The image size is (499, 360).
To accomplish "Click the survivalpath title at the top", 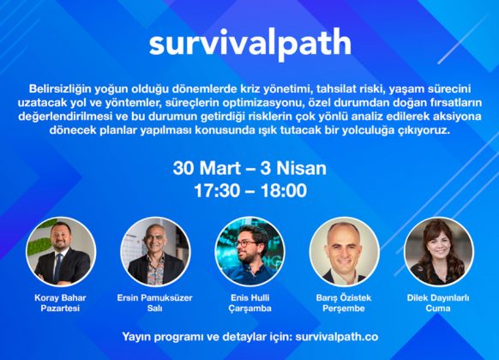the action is point(250,44).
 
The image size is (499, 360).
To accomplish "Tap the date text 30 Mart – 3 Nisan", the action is point(249,168).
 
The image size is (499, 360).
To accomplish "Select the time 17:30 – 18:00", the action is point(250,190).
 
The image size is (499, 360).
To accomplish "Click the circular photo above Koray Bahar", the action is point(61,251).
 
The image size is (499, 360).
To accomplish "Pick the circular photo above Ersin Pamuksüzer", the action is point(155,251).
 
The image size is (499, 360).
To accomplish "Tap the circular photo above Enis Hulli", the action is point(249,251).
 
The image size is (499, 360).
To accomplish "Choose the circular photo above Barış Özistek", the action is point(345,251).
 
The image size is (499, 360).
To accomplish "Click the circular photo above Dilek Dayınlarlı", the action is point(439,251).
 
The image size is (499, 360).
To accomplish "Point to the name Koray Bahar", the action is point(60,298).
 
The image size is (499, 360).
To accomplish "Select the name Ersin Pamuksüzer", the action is point(154,298).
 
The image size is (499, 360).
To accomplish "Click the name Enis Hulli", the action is point(250,298).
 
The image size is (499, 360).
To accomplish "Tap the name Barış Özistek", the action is point(344,298).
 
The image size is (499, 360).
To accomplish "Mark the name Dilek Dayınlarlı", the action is point(438,298).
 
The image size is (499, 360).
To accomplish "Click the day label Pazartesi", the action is point(60,309).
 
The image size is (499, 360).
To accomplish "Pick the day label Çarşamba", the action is point(250,309).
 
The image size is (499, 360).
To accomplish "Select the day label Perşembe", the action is point(344,309).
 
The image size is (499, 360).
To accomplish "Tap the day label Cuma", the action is point(438,309).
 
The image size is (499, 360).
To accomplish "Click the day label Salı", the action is point(154,309).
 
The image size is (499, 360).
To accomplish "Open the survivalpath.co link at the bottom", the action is point(337,337).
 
